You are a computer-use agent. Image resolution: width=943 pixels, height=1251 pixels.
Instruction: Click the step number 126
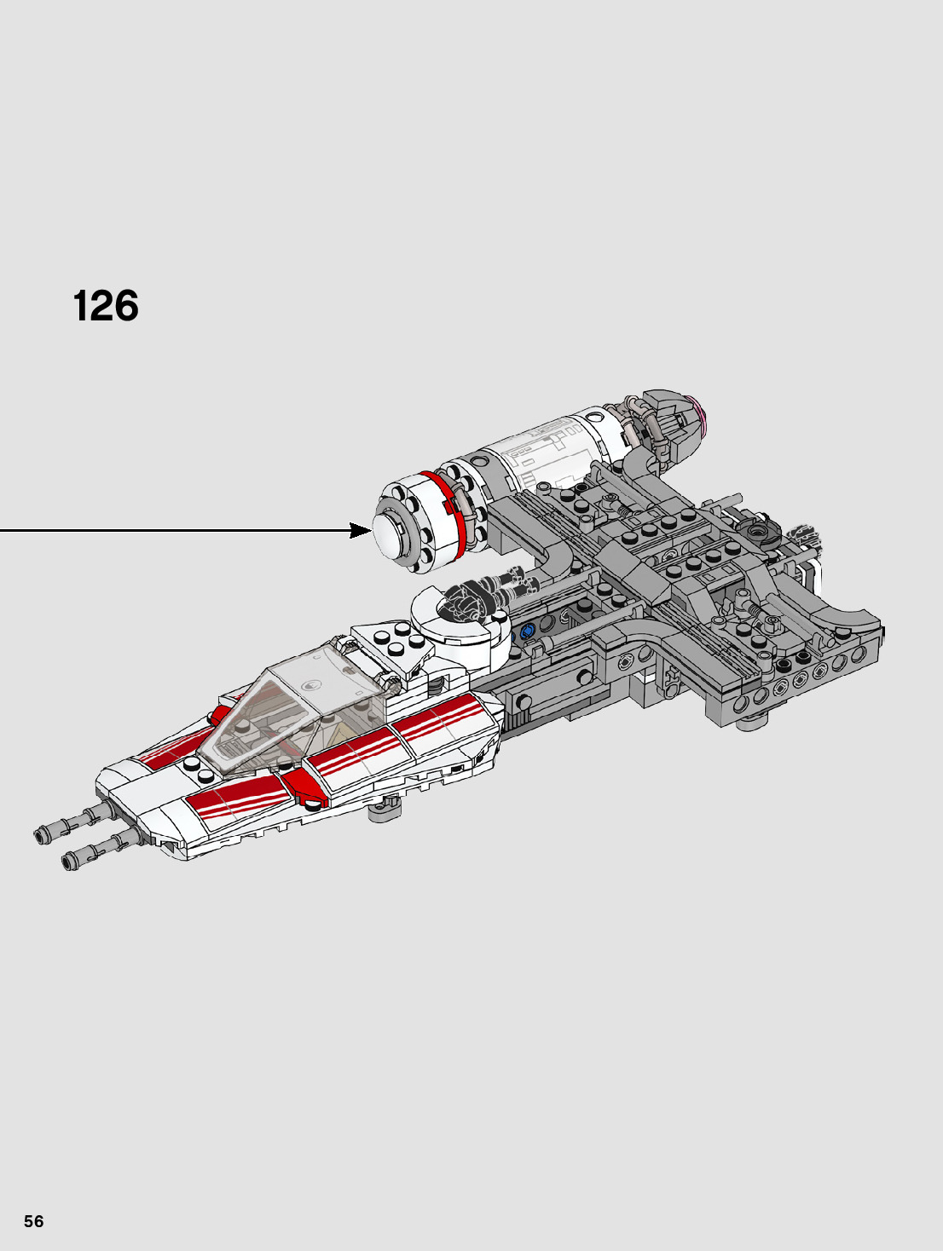click(106, 306)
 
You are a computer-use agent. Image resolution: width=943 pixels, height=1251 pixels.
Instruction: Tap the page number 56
click(33, 1221)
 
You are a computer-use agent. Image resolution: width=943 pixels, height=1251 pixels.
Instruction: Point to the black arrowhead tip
click(369, 531)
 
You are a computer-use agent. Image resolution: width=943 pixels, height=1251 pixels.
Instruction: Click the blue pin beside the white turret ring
click(526, 631)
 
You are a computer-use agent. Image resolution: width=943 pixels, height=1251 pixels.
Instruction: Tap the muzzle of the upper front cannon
click(39, 835)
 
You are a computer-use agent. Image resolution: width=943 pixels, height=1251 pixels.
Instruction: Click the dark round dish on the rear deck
click(756, 533)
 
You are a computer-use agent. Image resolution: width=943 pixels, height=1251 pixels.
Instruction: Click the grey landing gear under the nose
click(384, 807)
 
